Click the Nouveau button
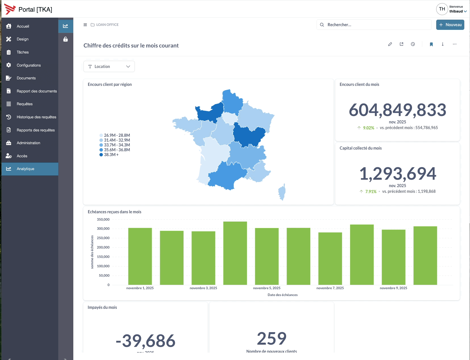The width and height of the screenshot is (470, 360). [450, 25]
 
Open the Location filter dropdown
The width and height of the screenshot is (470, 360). [109, 67]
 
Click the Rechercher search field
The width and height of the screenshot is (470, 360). [374, 25]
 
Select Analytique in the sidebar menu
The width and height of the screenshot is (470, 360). [25, 169]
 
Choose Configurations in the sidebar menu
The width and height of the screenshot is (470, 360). [28, 65]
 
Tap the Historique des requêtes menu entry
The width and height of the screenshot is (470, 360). [36, 117]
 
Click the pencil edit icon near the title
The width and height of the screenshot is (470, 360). [390, 44]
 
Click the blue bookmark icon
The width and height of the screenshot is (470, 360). [431, 44]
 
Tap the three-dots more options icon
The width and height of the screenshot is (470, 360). [455, 44]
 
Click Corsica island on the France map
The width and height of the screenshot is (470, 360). [282, 192]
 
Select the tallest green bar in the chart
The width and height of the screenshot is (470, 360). [235, 253]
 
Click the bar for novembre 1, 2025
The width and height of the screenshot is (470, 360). [140, 256]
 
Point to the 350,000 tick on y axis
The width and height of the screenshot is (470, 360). [103, 220]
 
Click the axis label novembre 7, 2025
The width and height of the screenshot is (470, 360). [330, 288]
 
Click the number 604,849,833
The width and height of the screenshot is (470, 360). [397, 110]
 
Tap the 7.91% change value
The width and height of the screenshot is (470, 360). [371, 192]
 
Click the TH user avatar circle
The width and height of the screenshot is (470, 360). [442, 9]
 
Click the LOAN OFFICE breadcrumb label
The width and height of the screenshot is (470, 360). [107, 25]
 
